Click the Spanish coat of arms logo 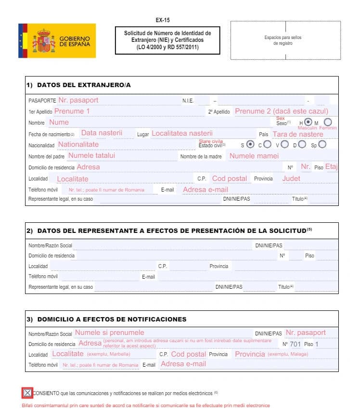click(44, 41)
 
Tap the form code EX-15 click(163, 20)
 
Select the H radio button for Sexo click(309, 122)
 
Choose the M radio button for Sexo click(328, 122)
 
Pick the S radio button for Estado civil click(250, 144)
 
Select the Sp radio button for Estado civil click(322, 144)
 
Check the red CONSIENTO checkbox click(27, 393)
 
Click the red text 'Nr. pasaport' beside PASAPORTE click(78, 100)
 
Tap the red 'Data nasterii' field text click(102, 133)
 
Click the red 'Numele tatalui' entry click(91, 155)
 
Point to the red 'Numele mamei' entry click(254, 156)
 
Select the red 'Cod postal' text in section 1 click(229, 179)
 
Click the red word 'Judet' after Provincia click(291, 179)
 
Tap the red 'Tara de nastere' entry click(297, 134)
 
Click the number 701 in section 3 click(295, 344)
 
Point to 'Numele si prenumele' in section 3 click(109, 333)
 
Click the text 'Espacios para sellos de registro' click(283, 40)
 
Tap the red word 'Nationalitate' click(78, 144)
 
